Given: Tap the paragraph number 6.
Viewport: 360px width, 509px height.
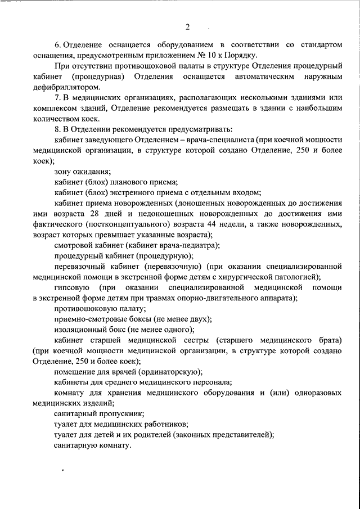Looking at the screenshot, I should (57, 44).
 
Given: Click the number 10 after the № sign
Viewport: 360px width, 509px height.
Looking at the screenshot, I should (211, 55).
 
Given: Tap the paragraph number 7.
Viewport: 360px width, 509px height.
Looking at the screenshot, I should (57, 97).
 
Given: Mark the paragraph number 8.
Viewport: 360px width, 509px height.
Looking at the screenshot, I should (57, 129).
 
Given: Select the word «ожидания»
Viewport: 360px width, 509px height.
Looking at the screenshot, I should (92, 171).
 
